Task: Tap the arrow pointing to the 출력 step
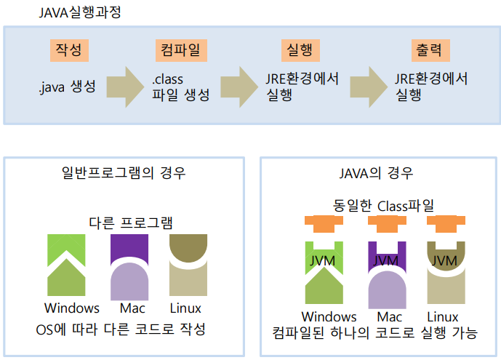pos(372,87)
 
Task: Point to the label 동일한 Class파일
pos(377,206)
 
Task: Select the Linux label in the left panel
pos(185,308)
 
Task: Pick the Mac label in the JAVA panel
pos(390,317)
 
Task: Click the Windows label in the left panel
pos(71,308)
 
